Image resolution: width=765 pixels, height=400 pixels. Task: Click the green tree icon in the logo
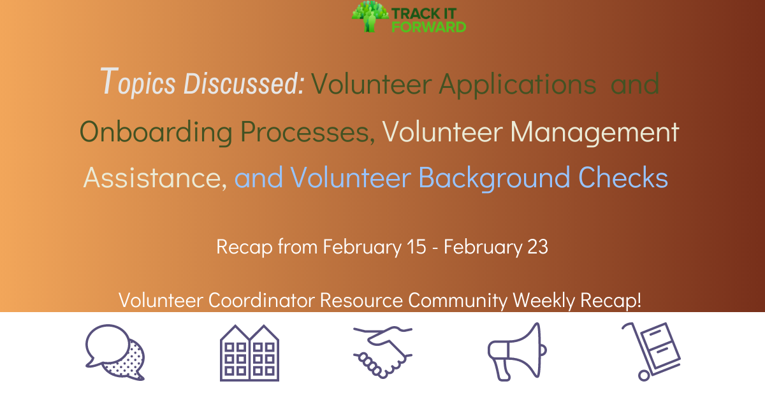(369, 16)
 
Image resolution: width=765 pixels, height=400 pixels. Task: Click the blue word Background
(494, 178)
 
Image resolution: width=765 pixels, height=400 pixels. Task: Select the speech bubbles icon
(115, 352)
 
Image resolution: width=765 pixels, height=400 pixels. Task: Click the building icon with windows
(249, 352)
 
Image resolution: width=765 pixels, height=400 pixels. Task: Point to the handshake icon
(382, 352)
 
